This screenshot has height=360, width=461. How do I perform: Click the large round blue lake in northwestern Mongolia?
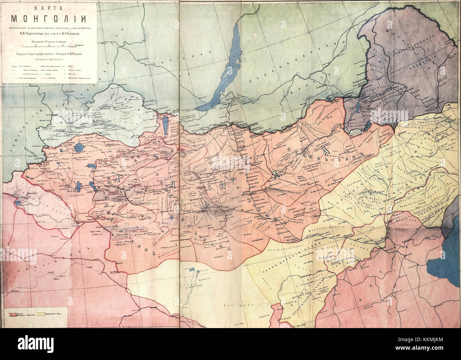(x=79, y=147)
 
